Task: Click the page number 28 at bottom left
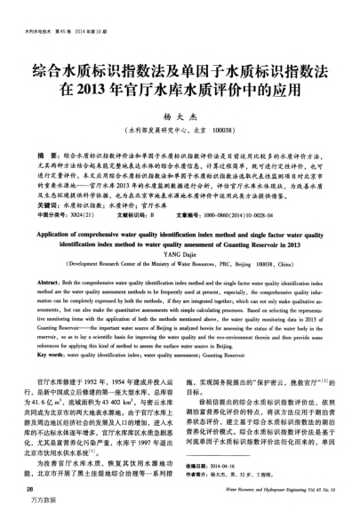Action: pyautogui.click(x=30, y=488)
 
